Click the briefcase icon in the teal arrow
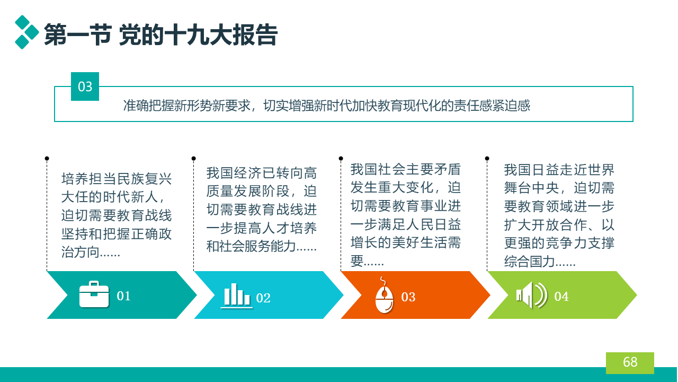(94, 294)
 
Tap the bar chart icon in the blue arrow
(237, 296)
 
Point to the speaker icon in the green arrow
(531, 295)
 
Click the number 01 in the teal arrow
(123, 296)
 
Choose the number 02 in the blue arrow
(263, 298)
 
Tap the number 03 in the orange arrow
(408, 297)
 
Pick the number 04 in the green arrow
(561, 297)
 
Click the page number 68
(630, 362)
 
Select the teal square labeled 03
(85, 86)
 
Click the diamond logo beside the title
(26, 32)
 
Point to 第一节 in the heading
(78, 35)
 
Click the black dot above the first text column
(47, 158)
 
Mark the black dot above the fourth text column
(487, 158)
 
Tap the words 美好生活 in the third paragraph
(420, 243)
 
